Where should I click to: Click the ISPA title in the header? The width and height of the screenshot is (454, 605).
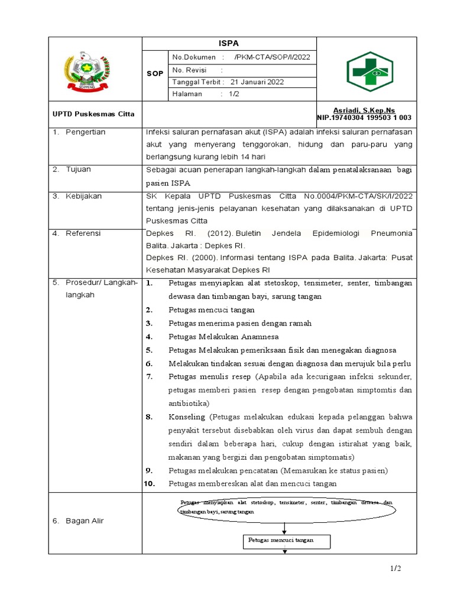229,43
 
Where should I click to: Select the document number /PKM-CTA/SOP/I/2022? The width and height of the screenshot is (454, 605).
272,57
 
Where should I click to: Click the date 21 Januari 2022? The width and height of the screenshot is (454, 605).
257,82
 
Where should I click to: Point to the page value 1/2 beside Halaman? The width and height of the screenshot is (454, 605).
225,94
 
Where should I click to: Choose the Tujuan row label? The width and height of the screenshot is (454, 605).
79,170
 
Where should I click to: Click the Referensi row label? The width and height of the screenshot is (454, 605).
83,233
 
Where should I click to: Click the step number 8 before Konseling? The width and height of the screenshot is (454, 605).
150,417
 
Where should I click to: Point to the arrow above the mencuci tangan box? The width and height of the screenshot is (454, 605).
285,528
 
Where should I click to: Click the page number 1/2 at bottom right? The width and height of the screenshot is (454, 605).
395,568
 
